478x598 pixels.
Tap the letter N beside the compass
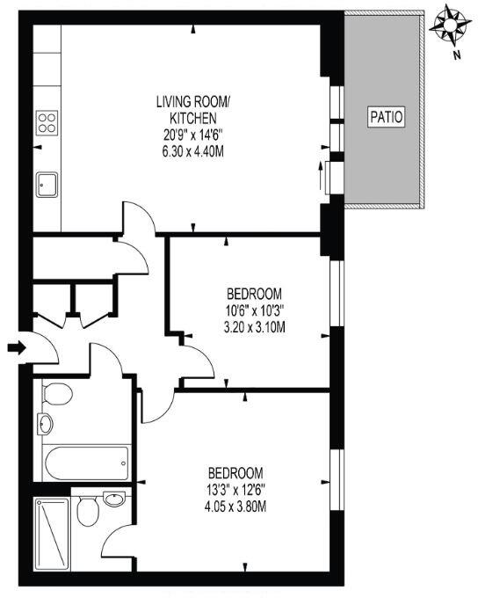pyautogui.click(x=457, y=55)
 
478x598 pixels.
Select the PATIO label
pyautogui.click(x=386, y=116)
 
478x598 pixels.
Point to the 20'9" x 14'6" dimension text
pyautogui.click(x=192, y=135)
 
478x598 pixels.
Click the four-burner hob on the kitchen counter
pyautogui.click(x=47, y=122)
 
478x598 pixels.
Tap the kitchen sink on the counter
pyautogui.click(x=47, y=185)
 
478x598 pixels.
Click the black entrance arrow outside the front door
pyautogui.click(x=17, y=349)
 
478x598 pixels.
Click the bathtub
pyautogui.click(x=87, y=459)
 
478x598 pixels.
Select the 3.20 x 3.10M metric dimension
pyautogui.click(x=254, y=327)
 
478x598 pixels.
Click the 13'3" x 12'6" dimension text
pyautogui.click(x=235, y=489)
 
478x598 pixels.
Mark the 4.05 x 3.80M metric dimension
pyautogui.click(x=235, y=506)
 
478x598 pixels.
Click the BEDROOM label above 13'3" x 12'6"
pyautogui.click(x=235, y=471)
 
